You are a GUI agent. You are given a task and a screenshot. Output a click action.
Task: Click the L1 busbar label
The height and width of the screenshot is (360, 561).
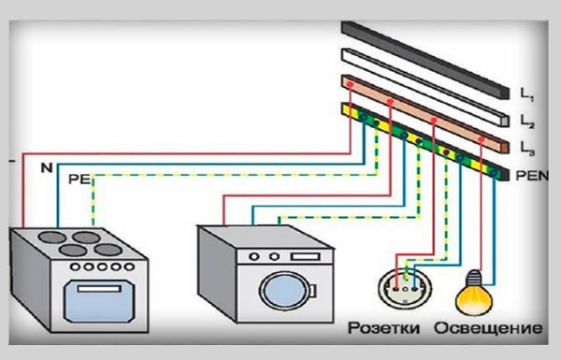click(x=527, y=94)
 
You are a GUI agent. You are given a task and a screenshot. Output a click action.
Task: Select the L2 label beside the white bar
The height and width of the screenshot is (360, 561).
click(x=527, y=122)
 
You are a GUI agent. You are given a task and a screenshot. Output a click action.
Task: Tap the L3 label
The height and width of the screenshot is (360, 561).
click(x=527, y=149)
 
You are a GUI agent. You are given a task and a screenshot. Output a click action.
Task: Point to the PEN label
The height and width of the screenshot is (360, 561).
click(x=532, y=176)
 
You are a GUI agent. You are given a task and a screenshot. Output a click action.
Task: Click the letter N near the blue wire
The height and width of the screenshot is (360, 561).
click(x=47, y=167)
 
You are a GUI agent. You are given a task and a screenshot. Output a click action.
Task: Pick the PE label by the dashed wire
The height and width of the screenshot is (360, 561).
click(x=79, y=179)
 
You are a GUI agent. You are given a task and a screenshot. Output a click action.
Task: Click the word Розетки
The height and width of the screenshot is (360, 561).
click(x=384, y=327)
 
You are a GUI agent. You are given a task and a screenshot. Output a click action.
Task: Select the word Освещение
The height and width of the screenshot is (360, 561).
click(x=488, y=328)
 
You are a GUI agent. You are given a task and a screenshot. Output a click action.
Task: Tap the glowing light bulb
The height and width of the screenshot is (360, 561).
click(x=473, y=293)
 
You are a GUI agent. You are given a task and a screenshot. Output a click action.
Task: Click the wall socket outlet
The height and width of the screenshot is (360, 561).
click(x=405, y=287)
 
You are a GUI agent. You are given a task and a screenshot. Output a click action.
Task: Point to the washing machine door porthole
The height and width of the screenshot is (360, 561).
click(x=285, y=290)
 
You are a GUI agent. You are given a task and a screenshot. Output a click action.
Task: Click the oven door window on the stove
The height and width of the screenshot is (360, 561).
click(x=99, y=301)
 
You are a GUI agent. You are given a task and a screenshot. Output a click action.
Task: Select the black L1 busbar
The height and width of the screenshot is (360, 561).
click(x=424, y=60)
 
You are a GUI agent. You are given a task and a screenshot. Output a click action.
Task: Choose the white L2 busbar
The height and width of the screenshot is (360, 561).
click(x=424, y=87)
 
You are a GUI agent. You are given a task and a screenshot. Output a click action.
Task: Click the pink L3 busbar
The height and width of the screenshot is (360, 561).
click(x=424, y=114)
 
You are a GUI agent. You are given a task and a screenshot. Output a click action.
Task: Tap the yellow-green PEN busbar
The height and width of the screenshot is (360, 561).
click(x=424, y=141)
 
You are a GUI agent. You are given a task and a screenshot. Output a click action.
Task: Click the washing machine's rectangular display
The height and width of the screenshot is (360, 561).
click(x=305, y=256)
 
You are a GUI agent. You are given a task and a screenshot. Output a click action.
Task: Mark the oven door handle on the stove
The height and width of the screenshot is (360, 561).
click(x=99, y=288)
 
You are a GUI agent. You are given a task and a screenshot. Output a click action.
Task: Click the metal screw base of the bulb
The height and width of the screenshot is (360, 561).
click(x=475, y=277)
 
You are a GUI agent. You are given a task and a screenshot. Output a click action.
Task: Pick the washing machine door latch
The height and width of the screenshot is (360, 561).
click(x=312, y=291)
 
